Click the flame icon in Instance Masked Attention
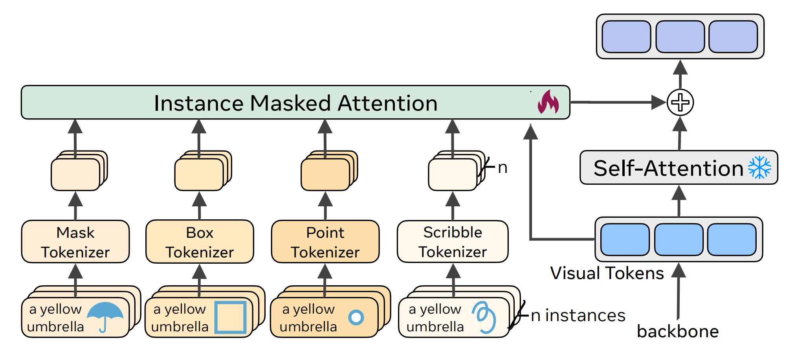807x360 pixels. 548,102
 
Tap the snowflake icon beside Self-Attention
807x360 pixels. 759,168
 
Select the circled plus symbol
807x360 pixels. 680,103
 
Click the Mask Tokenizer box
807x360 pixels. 75,242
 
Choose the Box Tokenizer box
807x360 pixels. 200,242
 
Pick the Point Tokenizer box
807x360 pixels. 325,242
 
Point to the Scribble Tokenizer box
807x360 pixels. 453,242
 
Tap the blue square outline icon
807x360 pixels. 230,318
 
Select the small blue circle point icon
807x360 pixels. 356,318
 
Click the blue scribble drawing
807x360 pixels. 484,317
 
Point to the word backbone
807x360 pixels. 678,332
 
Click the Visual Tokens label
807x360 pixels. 607,273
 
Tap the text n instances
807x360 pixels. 578,316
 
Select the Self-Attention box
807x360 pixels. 679,168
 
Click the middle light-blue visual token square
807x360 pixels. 679,240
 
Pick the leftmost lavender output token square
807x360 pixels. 626,37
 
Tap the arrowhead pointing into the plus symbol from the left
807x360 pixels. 658,103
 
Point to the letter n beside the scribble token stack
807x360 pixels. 503,168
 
